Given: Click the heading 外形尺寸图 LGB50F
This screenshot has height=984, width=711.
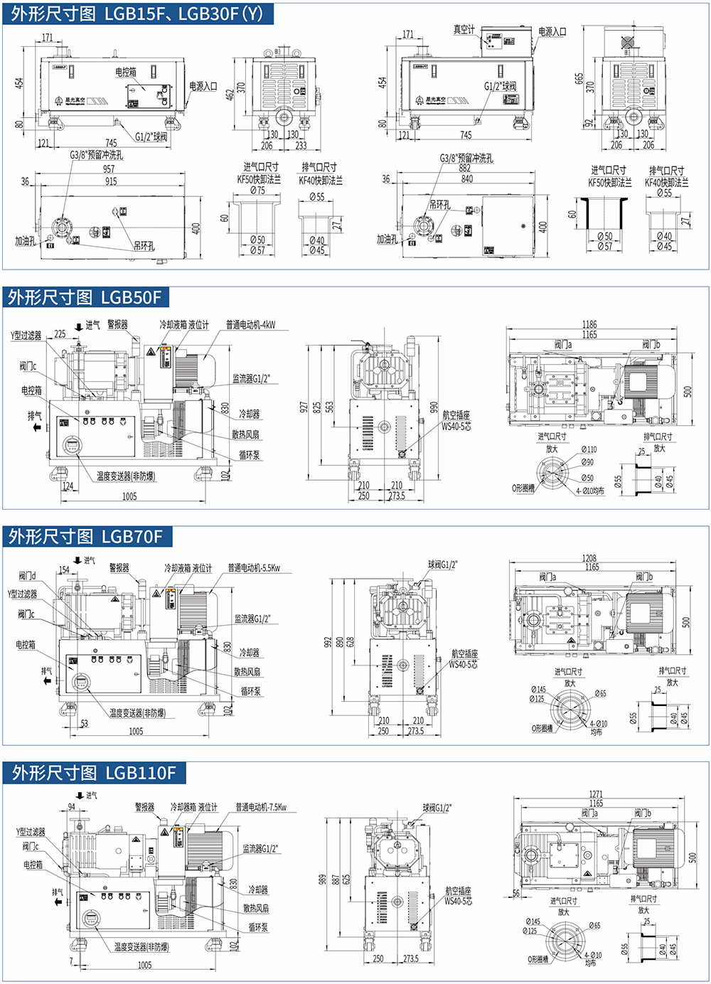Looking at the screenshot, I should coord(85,297).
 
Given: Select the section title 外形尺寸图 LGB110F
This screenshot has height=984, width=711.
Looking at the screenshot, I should coord(93,773).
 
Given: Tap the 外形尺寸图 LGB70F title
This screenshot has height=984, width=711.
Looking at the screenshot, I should coord(85,536).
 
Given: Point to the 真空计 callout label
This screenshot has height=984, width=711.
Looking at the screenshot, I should coord(464,29).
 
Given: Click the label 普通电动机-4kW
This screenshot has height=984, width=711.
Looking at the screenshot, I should coord(250,325).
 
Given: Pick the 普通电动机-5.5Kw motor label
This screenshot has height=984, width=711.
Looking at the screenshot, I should coord(254,568).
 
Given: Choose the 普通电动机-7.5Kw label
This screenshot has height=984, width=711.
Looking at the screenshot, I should coord(261,807).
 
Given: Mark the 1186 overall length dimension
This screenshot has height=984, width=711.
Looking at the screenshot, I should coord(589,324).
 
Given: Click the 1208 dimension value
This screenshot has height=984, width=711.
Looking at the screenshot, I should coord(589,558).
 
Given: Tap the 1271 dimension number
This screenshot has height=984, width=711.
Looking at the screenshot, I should coord(596,794).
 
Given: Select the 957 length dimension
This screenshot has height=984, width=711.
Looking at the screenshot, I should coord(109,169).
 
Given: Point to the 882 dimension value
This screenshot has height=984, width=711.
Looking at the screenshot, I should coord(465,169).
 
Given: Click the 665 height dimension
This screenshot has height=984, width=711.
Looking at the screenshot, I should coord(579,77).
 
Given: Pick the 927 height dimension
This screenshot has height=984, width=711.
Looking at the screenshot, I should coord(304,407).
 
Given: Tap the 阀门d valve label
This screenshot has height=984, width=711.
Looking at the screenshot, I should coord(27,576).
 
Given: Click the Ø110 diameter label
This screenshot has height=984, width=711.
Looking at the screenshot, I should coord(589,449).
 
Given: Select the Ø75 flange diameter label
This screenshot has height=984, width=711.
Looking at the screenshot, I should coord(257,191).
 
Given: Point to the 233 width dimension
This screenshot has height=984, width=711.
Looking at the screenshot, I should coord(301,145).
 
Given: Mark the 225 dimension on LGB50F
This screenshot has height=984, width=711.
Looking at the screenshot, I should coord(60,333).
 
